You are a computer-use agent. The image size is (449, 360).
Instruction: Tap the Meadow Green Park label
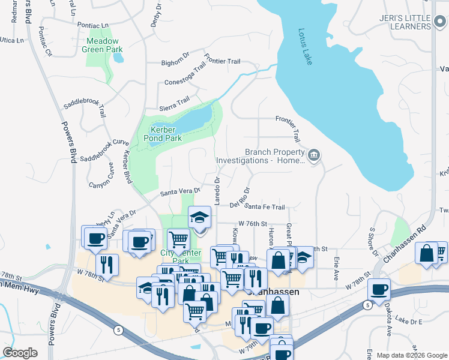(102, 45)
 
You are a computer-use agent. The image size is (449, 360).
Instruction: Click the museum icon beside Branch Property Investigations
(313, 157)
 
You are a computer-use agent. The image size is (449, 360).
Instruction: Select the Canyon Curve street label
(102, 175)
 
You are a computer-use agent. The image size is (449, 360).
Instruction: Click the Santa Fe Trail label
(265, 207)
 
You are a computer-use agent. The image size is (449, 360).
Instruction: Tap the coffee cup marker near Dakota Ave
(379, 289)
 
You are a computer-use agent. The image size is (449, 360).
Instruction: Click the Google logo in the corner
(20, 353)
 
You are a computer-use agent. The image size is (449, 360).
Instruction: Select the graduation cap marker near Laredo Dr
(200, 217)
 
